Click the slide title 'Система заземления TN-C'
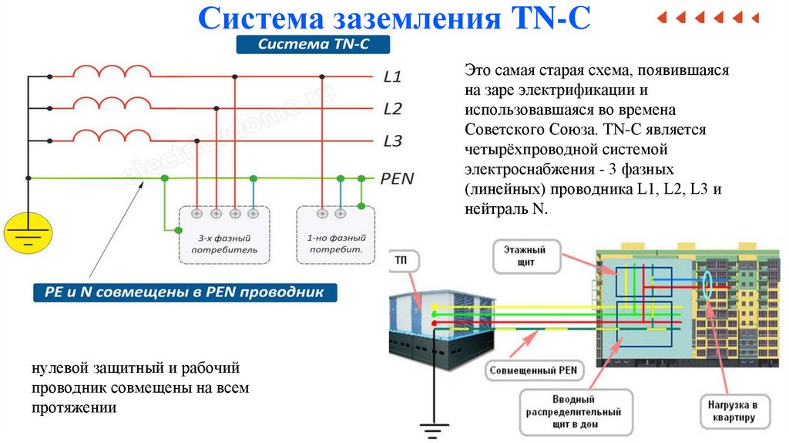[x=394, y=19]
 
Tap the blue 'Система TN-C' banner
[x=314, y=46]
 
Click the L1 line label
[x=392, y=77]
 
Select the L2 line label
[x=392, y=109]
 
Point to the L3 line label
[x=392, y=140]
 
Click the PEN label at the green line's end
[x=397, y=179]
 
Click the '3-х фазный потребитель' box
[x=223, y=235]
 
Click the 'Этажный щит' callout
[x=524, y=256]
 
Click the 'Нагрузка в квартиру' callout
[x=734, y=411]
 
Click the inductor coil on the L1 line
[x=112, y=73]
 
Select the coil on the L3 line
[x=112, y=137]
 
